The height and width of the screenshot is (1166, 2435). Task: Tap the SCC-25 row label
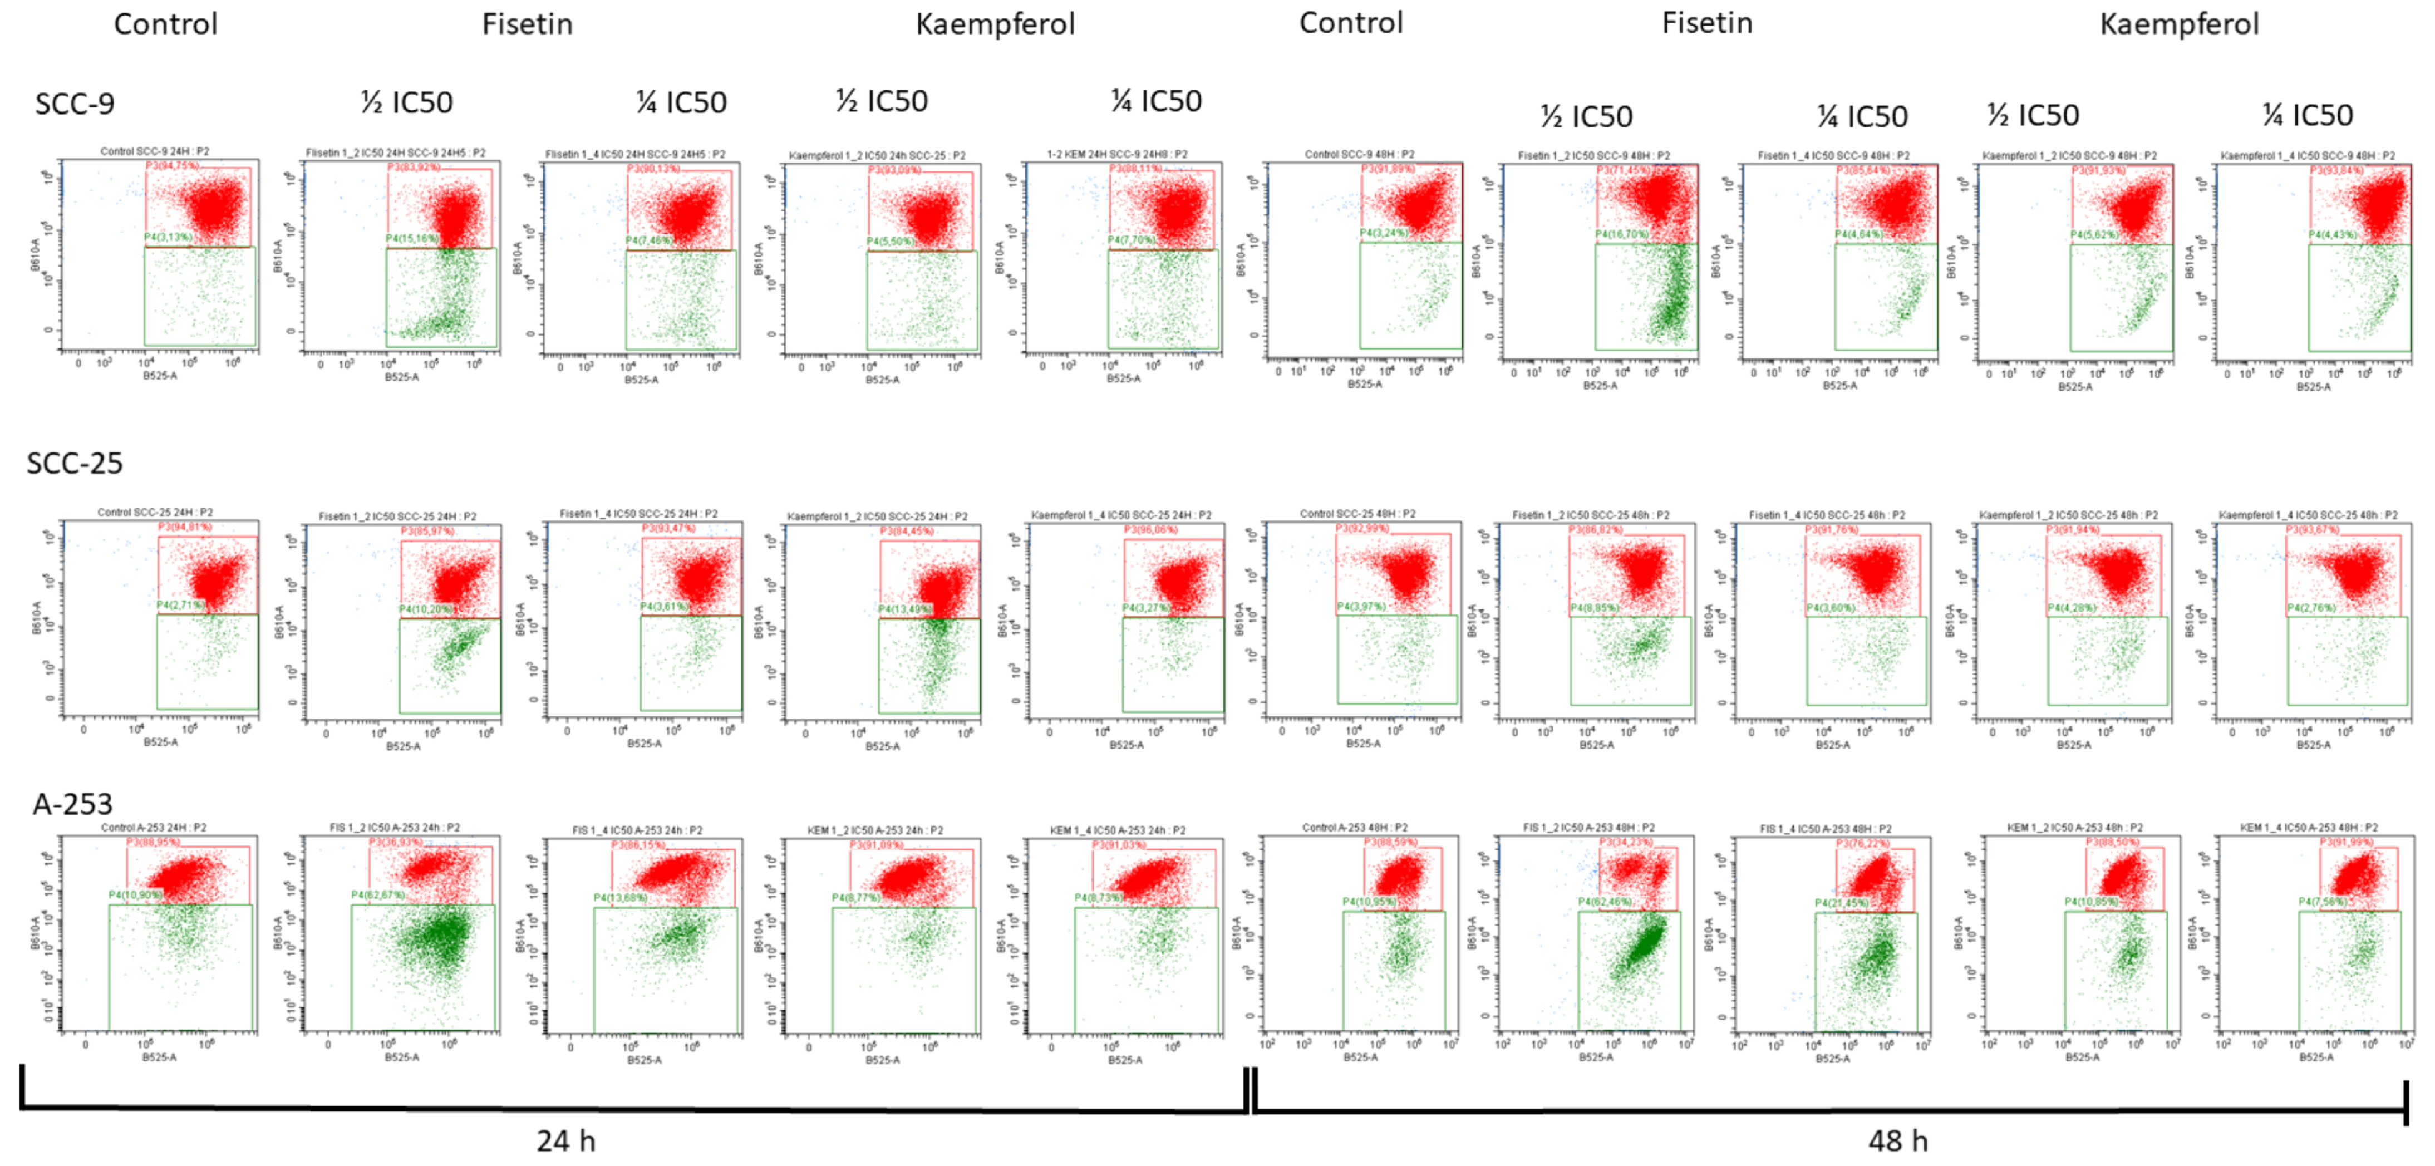(x=75, y=463)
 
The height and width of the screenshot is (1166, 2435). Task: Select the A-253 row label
(x=73, y=804)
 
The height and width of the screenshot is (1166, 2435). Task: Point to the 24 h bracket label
(x=565, y=1140)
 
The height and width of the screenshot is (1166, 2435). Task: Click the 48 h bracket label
(x=1897, y=1140)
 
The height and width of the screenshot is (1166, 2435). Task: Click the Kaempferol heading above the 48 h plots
(x=2179, y=23)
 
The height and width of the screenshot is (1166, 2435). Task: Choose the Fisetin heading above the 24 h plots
(x=527, y=23)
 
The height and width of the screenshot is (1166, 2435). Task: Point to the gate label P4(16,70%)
(x=1622, y=233)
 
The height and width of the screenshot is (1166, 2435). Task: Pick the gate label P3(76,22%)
(x=1863, y=843)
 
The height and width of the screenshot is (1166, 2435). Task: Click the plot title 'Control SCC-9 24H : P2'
(x=155, y=151)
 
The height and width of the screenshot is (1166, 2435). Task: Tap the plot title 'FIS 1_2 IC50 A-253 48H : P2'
(x=1588, y=828)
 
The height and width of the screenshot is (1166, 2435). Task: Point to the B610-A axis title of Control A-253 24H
(x=36, y=933)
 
